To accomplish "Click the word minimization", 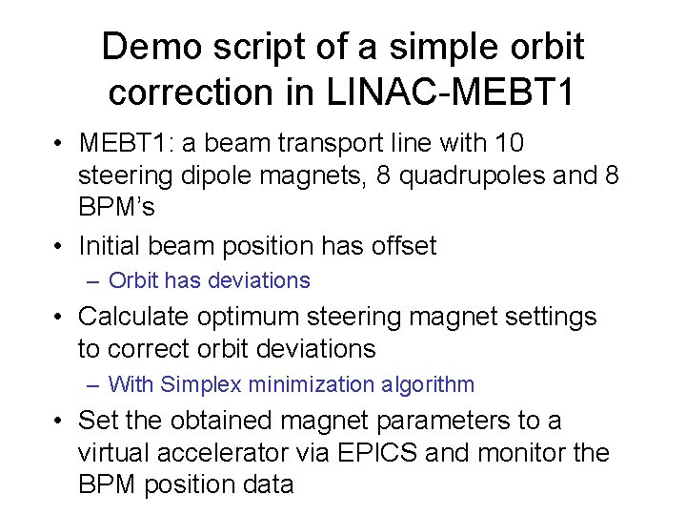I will tap(306, 384).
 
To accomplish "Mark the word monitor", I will tap(521, 452).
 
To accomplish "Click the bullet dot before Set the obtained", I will tap(60, 420).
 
